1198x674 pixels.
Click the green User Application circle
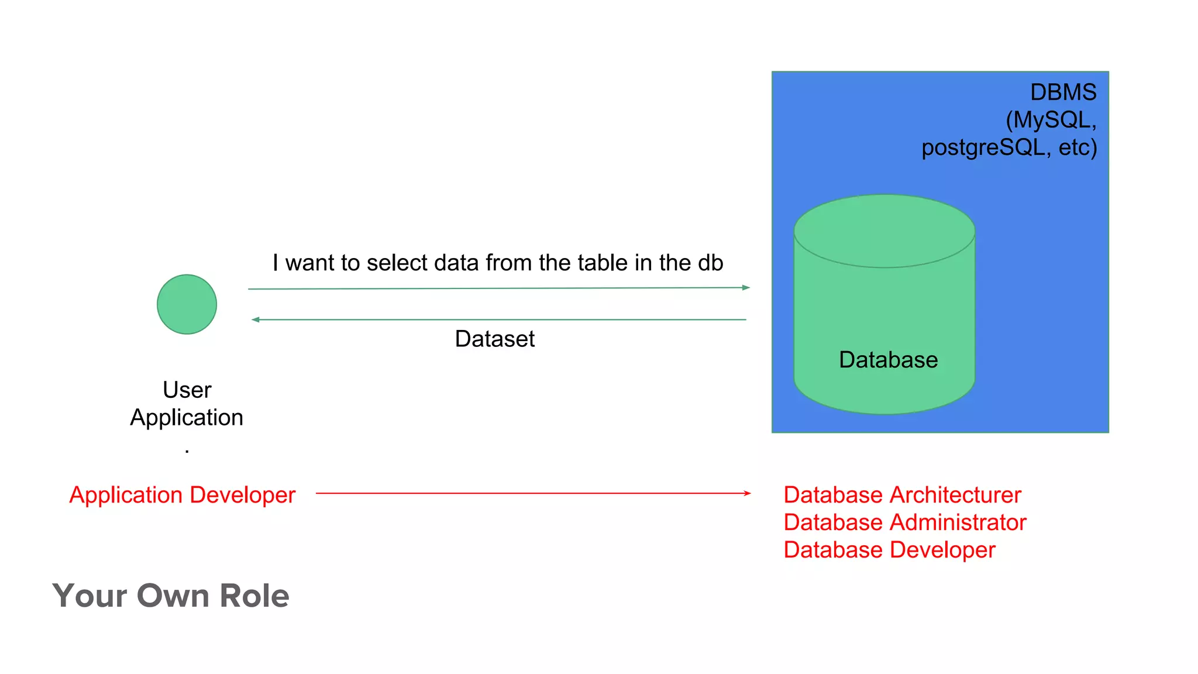(x=187, y=304)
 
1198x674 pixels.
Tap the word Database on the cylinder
(x=888, y=359)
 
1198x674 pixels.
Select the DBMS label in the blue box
(x=1062, y=92)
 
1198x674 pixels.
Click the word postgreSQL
(x=983, y=147)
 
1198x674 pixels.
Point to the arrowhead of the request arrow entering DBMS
(x=746, y=287)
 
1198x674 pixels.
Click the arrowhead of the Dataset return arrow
(x=255, y=319)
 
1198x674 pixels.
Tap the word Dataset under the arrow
(x=494, y=339)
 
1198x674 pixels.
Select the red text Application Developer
(x=182, y=495)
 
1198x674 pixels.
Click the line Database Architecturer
(x=902, y=495)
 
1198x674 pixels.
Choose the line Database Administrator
(x=904, y=522)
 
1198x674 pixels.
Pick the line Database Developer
(x=889, y=550)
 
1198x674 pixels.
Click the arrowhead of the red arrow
(x=748, y=493)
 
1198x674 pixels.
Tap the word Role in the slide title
(x=254, y=596)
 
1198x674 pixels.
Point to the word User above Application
(x=187, y=390)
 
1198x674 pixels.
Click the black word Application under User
(x=187, y=418)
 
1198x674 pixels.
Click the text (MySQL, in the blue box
(x=1051, y=120)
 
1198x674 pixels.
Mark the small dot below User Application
(x=187, y=451)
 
